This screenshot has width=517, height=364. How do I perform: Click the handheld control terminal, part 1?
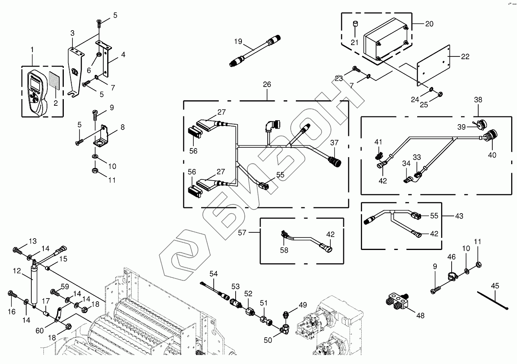pos(35,92)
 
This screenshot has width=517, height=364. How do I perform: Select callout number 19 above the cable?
pos(238,42)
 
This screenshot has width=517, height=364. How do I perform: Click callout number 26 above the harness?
pos(267,84)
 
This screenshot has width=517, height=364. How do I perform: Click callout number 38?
pos(478,100)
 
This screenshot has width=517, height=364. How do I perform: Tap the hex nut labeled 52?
pos(249,312)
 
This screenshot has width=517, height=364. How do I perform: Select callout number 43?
pos(459,216)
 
